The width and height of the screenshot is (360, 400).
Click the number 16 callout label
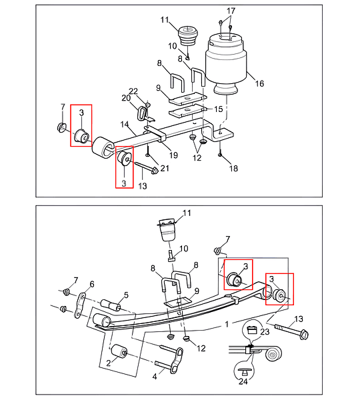tap(259, 83)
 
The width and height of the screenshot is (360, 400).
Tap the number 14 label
tap(125, 125)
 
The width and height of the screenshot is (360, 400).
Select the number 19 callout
tap(173, 155)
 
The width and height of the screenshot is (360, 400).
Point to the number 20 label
tap(126, 98)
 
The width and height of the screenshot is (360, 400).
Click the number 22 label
tap(133, 91)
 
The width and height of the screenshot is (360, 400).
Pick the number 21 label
tap(165, 168)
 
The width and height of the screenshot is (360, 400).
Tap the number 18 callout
tap(234, 169)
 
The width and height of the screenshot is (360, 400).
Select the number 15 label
tap(219, 109)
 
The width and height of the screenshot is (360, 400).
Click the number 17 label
tap(231, 11)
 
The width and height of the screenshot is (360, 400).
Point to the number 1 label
tap(227, 325)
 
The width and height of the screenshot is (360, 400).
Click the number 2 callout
tap(109, 363)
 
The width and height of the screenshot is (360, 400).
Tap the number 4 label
tap(155, 376)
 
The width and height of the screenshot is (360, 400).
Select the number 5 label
tap(126, 295)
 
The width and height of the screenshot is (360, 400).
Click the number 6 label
tap(92, 284)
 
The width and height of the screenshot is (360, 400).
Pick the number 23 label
tap(265, 331)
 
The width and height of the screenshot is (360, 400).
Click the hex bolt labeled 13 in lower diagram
tap(291, 330)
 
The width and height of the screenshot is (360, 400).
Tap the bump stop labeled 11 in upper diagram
tap(188, 35)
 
